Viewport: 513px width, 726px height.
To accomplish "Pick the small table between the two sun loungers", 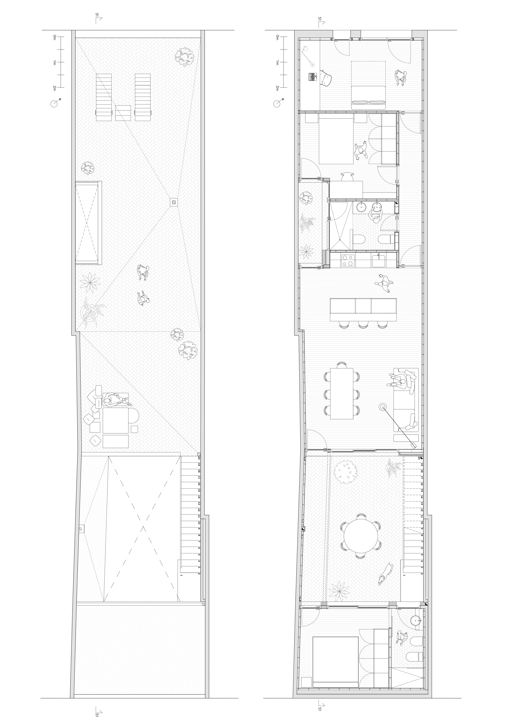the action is [123, 113].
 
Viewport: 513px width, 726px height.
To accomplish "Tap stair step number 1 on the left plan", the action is [181, 575].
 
